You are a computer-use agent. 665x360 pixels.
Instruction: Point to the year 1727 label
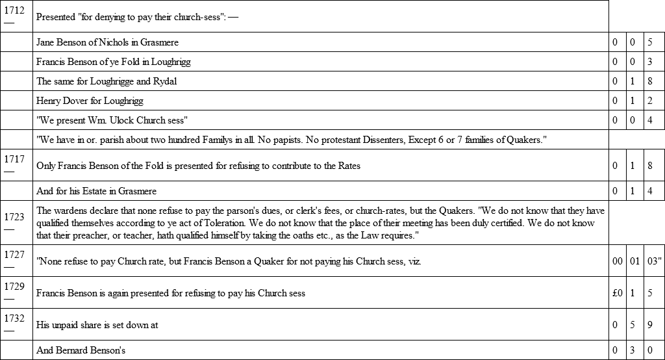tap(14, 254)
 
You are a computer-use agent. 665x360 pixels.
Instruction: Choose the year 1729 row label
tap(14, 287)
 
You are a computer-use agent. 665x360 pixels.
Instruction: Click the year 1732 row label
tap(14, 318)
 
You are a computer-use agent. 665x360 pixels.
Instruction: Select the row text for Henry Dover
tap(90, 101)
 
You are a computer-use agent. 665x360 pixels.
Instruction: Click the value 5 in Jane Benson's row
tap(650, 42)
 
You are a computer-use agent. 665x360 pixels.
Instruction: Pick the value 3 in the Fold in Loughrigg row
tap(650, 62)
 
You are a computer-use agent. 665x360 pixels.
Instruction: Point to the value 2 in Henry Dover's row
tap(650, 101)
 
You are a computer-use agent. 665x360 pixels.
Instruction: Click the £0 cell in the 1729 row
tap(618, 293)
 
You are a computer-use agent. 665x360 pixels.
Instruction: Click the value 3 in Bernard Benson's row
tap(633, 350)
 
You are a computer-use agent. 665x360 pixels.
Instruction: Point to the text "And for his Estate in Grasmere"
tap(96, 191)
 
